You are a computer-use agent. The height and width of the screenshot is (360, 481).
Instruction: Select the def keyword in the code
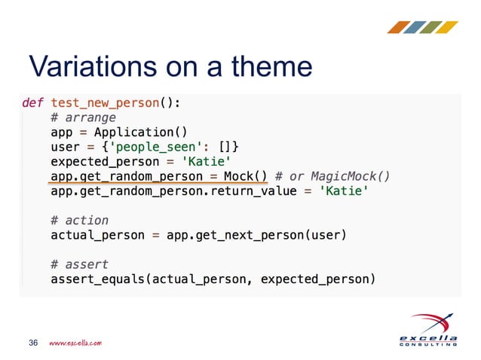coord(32,102)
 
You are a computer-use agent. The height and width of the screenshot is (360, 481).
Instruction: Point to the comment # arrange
coord(83,117)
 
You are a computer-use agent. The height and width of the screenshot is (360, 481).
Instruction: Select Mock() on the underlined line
coord(246,176)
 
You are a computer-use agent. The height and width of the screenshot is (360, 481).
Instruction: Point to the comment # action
coord(79,220)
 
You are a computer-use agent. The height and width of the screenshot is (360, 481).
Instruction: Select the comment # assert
coord(79,264)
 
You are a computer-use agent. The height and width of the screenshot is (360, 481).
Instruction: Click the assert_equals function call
coord(97,279)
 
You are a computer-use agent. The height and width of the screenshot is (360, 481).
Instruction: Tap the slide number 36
coord(33,343)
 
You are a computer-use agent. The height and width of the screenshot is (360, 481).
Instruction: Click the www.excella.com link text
coord(75,343)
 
